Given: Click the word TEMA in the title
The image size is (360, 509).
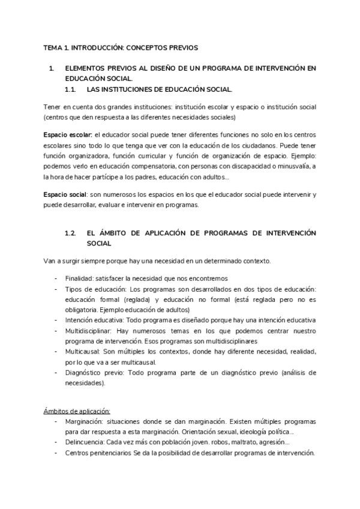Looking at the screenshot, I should coord(54,47).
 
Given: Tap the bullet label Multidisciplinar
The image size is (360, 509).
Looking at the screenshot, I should coord(88,331).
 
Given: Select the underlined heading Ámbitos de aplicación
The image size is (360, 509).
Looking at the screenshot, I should coord(77,411).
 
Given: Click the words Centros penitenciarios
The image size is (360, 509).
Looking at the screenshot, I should coord(99,453).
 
